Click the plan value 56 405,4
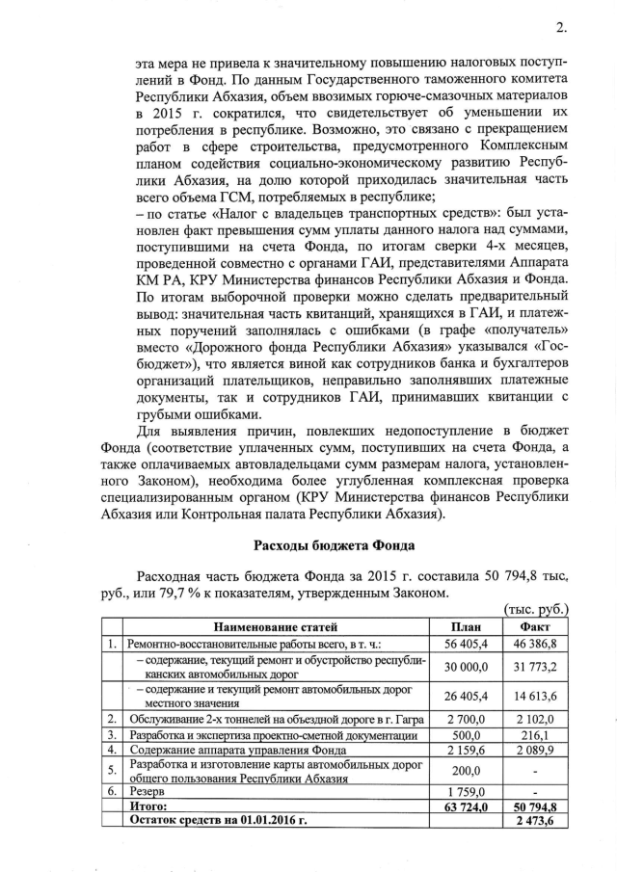point(465,641)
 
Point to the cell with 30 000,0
point(465,666)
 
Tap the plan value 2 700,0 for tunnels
point(465,719)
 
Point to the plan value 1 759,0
point(465,787)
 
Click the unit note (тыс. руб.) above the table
point(536,609)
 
